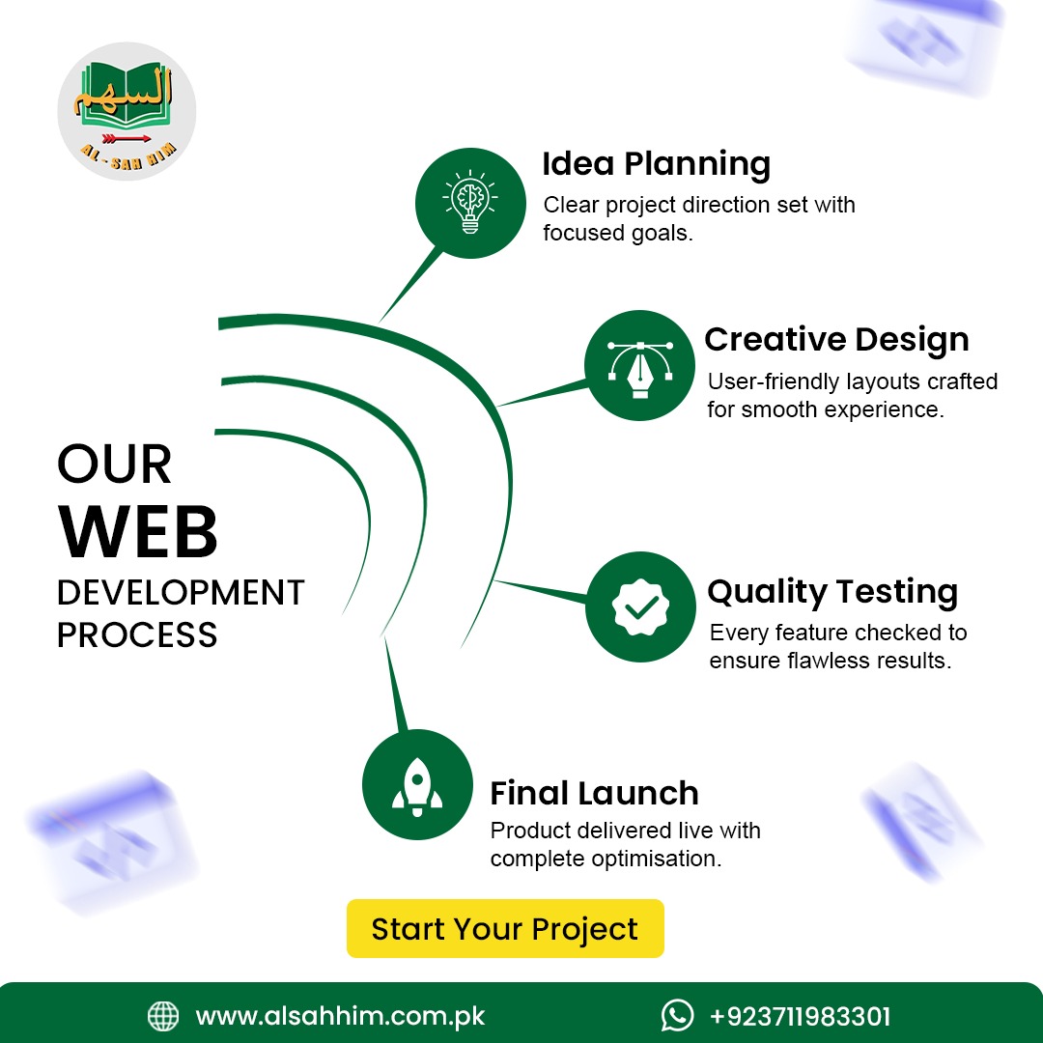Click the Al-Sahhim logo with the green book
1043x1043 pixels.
127,111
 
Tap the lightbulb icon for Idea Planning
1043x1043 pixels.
470,202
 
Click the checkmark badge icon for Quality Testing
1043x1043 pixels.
640,606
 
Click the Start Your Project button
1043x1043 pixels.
505,929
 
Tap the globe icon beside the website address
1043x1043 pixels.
163,1016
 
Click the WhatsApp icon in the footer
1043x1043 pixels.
677,1016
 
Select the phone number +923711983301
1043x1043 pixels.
801,1016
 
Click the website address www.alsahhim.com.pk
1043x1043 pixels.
341,1017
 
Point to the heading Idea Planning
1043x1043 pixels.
657,163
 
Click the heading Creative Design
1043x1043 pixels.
836,339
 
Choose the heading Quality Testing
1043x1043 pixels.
832,591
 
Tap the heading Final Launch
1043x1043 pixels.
595,793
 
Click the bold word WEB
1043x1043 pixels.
138,532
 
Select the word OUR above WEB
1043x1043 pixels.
114,464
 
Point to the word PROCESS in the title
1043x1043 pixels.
137,634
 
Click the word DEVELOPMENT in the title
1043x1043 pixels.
181,592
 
